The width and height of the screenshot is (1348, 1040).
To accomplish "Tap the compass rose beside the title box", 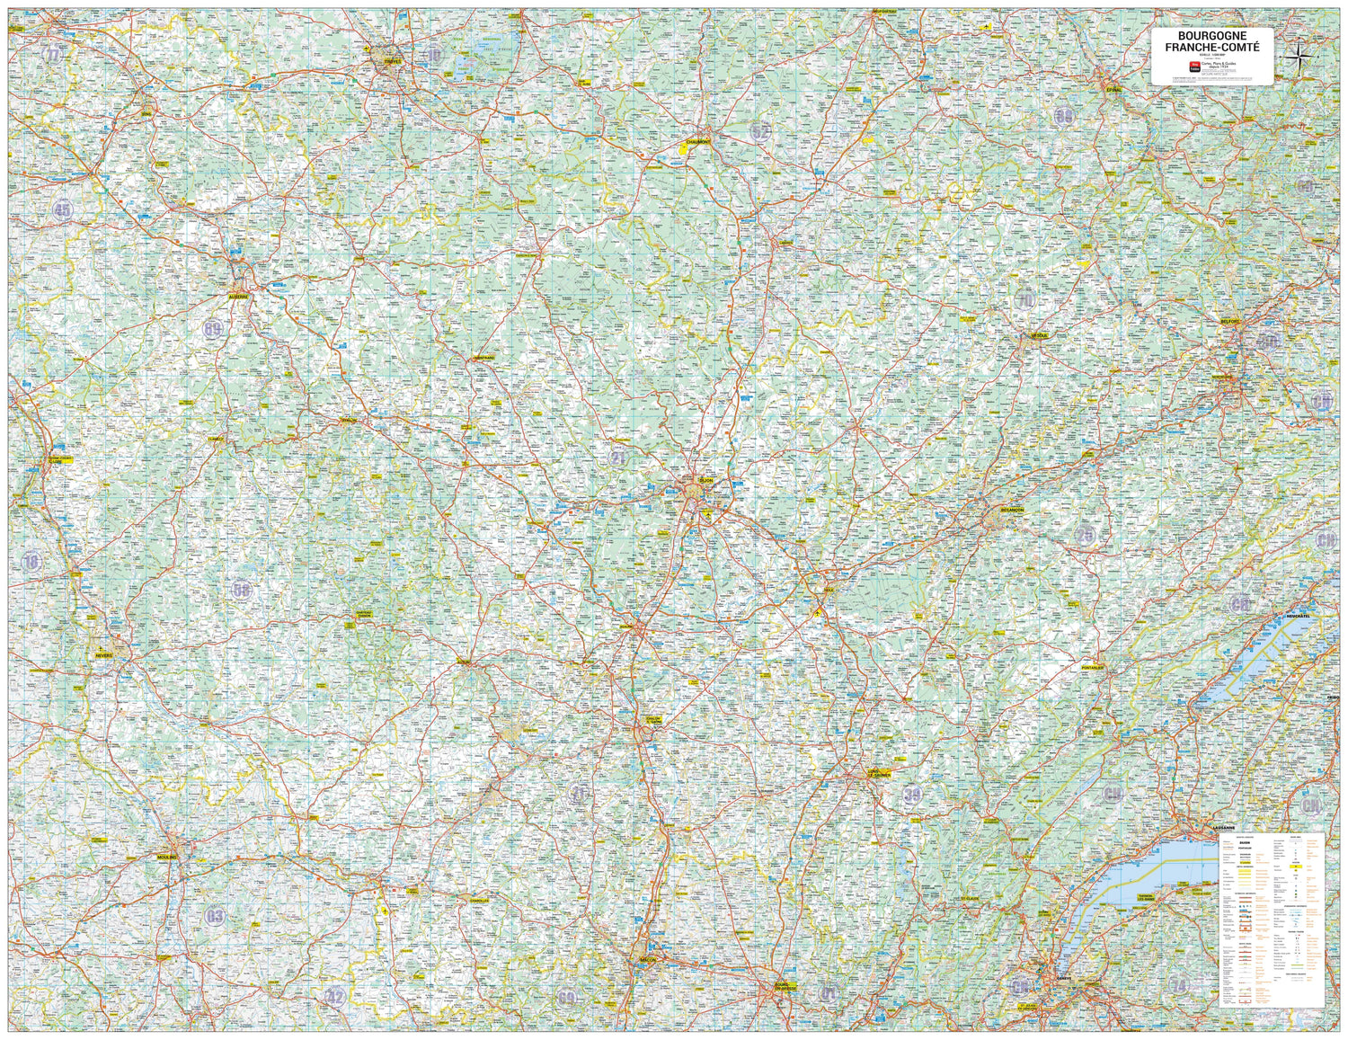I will (x=1299, y=58).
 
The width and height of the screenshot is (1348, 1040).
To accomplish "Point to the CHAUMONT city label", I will (x=698, y=142).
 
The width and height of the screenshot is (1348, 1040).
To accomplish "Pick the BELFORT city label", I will (x=1230, y=321).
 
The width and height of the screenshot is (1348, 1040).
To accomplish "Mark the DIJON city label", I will (x=705, y=481).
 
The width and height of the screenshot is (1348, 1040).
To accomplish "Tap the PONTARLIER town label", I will (x=1093, y=668).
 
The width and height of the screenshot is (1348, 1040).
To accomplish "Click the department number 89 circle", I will (x=213, y=329).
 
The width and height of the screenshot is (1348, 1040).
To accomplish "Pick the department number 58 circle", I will (x=241, y=590).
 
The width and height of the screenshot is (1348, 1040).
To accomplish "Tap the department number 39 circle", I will (x=913, y=794).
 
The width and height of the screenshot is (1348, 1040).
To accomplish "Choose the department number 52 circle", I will (x=761, y=131).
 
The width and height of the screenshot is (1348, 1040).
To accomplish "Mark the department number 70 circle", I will (x=1024, y=300).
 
